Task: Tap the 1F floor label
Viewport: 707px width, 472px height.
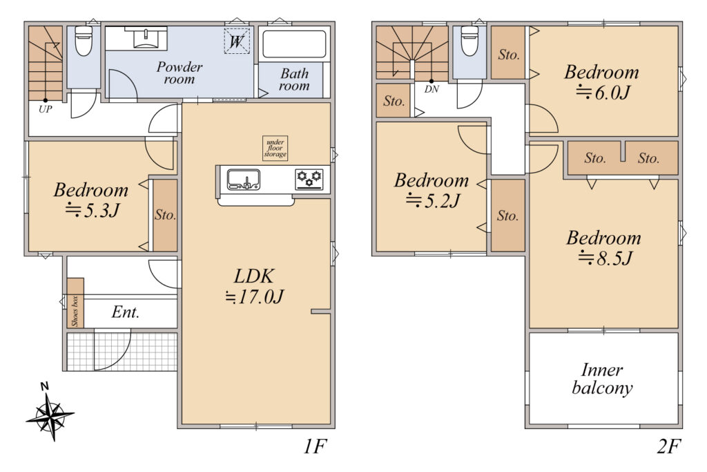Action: tap(314, 446)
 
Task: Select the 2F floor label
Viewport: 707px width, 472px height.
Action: tap(668, 446)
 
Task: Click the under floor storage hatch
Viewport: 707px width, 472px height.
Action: tap(275, 148)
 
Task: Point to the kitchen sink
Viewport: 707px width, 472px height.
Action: tap(244, 180)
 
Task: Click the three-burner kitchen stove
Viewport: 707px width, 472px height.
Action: tap(309, 179)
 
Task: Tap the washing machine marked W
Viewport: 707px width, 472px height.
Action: tap(237, 41)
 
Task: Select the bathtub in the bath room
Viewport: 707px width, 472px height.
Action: tap(294, 44)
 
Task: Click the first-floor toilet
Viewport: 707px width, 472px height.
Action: tap(84, 41)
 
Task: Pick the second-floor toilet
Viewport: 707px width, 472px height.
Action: tap(469, 41)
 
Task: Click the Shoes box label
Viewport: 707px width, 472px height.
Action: tap(75, 311)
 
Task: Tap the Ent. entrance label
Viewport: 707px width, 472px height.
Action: tap(126, 312)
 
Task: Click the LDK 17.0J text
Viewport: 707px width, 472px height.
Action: tap(255, 287)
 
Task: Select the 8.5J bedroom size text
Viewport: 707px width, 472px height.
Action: tap(606, 258)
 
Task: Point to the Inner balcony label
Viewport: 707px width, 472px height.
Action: tap(602, 379)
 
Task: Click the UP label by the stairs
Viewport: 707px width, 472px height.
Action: tap(45, 108)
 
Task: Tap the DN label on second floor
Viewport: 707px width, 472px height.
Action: tap(432, 89)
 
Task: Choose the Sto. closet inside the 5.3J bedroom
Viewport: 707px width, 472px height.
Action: tap(165, 215)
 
